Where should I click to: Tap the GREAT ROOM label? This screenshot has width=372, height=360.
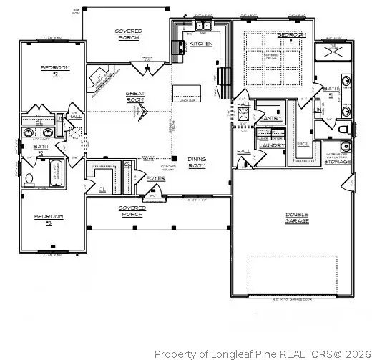(x=136, y=98)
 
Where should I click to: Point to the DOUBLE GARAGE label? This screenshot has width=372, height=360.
(x=296, y=217)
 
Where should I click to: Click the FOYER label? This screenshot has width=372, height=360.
(x=155, y=178)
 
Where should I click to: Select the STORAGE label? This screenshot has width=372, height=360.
(x=338, y=162)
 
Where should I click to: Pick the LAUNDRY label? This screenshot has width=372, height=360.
(x=273, y=145)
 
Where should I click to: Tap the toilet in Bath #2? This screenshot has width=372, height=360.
(x=29, y=179)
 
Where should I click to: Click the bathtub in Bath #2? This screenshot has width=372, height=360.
(x=55, y=174)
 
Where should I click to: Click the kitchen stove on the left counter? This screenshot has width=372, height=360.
(x=177, y=47)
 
